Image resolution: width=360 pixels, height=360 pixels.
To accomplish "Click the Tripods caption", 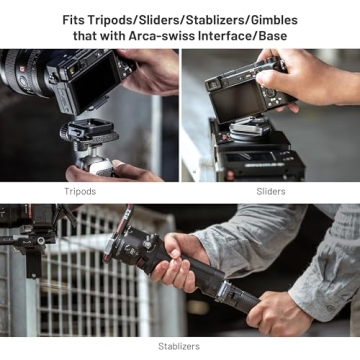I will [x=80, y=191].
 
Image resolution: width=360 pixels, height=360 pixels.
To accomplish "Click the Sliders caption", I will [x=270, y=191].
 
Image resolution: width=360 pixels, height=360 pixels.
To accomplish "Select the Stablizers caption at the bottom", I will [x=179, y=346].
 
